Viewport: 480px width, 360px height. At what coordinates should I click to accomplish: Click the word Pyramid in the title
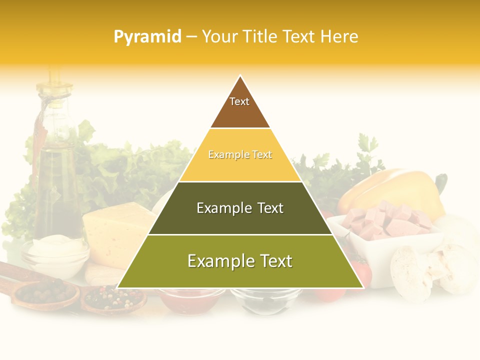(x=147, y=37)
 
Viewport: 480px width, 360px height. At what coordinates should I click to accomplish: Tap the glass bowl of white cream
(x=55, y=255)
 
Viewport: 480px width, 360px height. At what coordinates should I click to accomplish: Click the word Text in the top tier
(x=239, y=101)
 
